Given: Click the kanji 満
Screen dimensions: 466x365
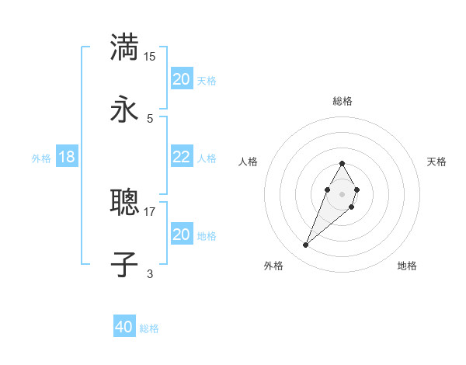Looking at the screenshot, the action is click(124, 47).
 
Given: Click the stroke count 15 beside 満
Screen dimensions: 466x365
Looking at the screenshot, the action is click(150, 56).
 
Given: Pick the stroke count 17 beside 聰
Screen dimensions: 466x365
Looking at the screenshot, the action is click(150, 211).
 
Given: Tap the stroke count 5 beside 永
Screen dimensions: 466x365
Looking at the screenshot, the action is click(150, 118).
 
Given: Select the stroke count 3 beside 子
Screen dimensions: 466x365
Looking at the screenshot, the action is click(150, 273).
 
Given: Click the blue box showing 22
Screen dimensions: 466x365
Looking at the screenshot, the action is click(182, 157).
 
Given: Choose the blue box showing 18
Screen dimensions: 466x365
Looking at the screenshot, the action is click(67, 157).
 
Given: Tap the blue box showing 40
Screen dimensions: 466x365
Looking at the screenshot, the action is click(124, 327).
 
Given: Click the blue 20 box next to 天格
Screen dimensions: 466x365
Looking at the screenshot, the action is click(182, 79).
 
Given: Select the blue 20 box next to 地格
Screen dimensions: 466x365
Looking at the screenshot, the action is click(182, 235).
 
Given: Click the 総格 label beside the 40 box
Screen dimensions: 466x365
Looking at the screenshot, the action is click(149, 328).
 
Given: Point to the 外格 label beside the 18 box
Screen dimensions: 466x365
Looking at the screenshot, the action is click(41, 158).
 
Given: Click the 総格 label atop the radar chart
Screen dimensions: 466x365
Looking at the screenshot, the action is click(343, 101).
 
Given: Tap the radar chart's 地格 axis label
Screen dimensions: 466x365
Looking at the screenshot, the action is click(407, 266).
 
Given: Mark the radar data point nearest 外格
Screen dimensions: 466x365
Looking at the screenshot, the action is click(306, 245).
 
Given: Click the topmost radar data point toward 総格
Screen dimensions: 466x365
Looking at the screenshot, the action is click(342, 163).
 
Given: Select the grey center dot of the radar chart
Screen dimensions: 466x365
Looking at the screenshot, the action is click(342, 194).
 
